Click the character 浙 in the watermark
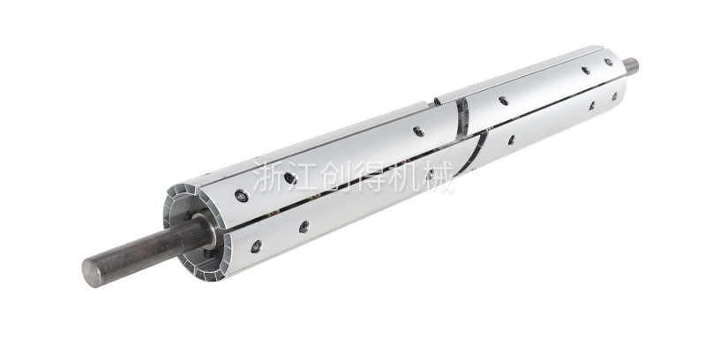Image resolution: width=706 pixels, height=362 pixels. point(268,177)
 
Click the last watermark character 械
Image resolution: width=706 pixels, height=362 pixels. point(437,177)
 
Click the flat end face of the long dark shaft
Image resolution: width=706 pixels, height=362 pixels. point(93,272)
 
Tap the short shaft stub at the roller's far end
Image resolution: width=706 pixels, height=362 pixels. point(631,65)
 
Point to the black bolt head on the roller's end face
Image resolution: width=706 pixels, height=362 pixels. point(207,253)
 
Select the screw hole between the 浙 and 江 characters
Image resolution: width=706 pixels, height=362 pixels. point(290,178)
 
